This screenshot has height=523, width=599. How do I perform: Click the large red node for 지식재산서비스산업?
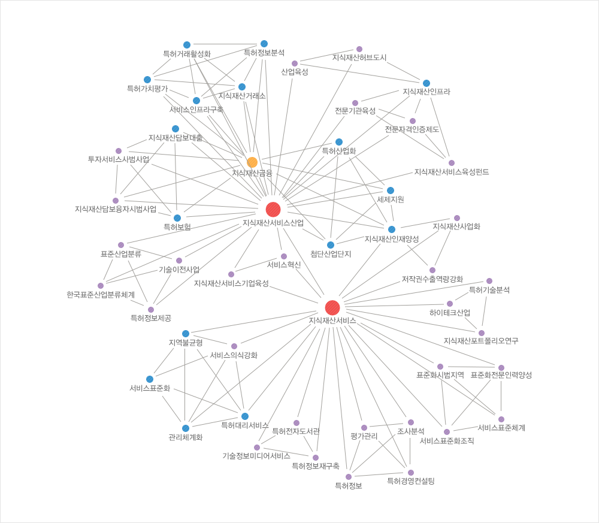point(273,210)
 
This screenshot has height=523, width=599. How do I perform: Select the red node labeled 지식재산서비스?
point(332,308)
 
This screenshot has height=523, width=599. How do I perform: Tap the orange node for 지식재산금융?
point(252,162)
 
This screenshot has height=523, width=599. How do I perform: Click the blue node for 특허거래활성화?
point(187,45)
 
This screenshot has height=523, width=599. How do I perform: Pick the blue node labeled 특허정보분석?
point(264,44)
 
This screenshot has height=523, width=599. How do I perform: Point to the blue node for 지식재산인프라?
point(426,83)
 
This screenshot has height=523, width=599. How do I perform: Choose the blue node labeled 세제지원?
point(391,191)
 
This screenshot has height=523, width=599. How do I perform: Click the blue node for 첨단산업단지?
point(331,245)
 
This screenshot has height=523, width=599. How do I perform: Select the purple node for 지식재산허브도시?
point(359,49)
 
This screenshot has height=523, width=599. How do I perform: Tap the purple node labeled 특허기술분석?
point(489,281)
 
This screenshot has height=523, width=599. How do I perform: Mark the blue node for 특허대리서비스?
point(245,416)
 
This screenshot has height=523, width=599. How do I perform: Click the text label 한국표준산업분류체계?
point(101,295)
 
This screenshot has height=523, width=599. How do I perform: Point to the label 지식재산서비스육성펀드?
point(452,172)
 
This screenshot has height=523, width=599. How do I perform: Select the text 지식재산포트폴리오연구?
point(481,341)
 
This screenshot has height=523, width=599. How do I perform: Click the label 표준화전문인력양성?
point(501,375)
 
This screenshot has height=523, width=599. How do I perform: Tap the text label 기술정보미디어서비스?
point(256,456)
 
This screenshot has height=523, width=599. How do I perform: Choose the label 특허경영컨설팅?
point(411,480)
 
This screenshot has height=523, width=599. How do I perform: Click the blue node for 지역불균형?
point(186,334)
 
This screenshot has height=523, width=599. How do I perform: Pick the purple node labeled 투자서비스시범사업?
point(119,151)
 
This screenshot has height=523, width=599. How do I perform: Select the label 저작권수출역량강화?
point(432,279)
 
